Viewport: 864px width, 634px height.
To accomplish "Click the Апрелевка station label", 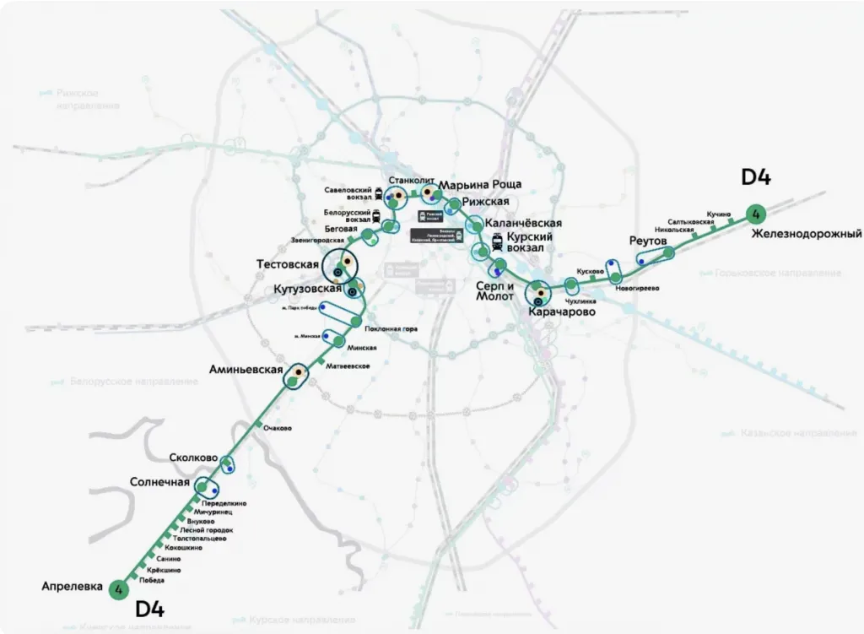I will (72, 586).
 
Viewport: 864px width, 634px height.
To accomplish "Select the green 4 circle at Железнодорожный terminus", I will (755, 213).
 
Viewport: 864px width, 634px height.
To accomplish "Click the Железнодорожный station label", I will (807, 233).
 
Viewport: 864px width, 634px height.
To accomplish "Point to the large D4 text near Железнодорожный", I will (756, 177).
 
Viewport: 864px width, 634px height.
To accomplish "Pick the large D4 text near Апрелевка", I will (150, 610).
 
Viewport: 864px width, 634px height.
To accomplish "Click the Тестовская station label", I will (287, 264).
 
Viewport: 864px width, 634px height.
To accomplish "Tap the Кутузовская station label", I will (307, 289).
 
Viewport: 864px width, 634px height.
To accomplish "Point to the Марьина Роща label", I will (481, 184).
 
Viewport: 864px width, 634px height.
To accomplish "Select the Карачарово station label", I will (562, 312).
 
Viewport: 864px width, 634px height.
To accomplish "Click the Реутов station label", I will (648, 241).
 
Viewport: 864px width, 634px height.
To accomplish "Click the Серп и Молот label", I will (494, 290).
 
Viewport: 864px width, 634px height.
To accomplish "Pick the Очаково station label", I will (278, 428).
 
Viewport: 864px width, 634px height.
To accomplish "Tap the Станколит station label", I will (412, 180).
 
